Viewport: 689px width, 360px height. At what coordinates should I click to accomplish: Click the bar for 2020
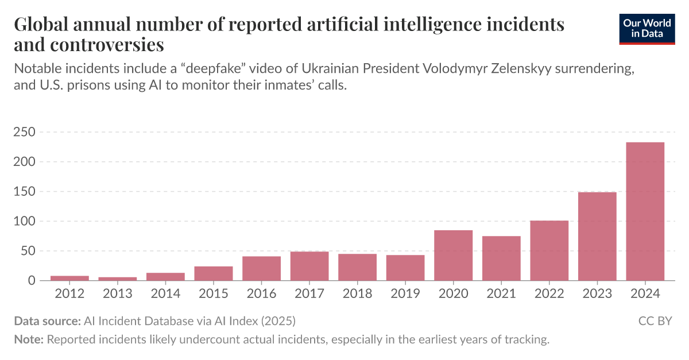coord(453,256)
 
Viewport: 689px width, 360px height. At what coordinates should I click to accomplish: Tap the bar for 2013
coord(118,278)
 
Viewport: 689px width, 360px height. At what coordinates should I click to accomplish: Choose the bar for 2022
coord(549,250)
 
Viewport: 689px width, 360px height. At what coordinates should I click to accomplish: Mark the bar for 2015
coord(214,273)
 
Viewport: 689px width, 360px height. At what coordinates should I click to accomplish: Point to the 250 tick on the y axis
coord(25,133)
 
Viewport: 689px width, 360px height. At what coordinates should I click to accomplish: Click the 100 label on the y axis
coord(25,222)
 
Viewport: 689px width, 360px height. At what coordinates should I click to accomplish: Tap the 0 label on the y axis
coord(31,281)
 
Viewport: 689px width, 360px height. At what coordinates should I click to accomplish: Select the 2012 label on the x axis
coord(69,294)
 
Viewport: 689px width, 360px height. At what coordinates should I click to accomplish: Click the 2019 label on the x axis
coord(405,294)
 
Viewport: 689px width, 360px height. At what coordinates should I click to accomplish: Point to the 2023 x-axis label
coord(597,294)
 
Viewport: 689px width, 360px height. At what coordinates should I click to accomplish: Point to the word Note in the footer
coord(28,339)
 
